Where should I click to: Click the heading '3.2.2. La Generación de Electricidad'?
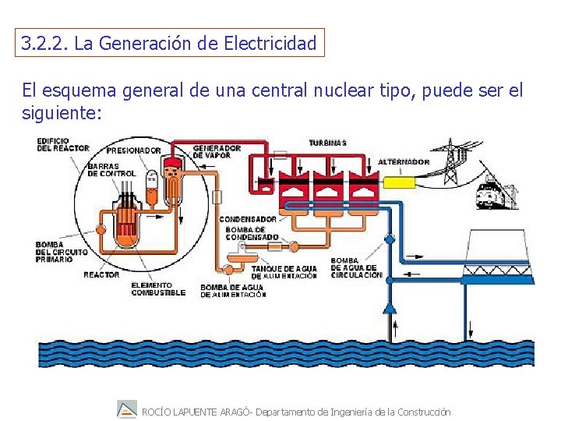pyautogui.click(x=170, y=44)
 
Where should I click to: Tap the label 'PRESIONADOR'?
pyautogui.click(x=133, y=150)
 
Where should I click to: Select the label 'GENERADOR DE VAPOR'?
pyautogui.click(x=217, y=151)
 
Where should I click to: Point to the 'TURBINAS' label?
pyautogui.click(x=328, y=143)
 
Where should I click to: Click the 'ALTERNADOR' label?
pyautogui.click(x=404, y=162)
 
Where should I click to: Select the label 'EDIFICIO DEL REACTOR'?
pyautogui.click(x=62, y=144)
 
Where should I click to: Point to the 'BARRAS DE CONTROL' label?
pyautogui.click(x=111, y=170)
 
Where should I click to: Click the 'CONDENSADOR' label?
pyautogui.click(x=248, y=219)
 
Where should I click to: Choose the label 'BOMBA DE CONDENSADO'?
pyautogui.click(x=251, y=233)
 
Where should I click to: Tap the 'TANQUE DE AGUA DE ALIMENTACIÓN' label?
pyautogui.click(x=284, y=272)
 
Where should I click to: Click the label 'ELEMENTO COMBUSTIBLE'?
pyautogui.click(x=158, y=289)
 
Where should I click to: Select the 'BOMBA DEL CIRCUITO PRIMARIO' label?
pyautogui.click(x=55, y=252)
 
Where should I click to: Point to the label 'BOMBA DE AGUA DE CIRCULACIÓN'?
pyautogui.click(x=356, y=268)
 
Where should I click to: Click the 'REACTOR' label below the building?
pyautogui.click(x=101, y=274)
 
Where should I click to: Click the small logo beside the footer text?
pyautogui.click(x=126, y=409)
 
